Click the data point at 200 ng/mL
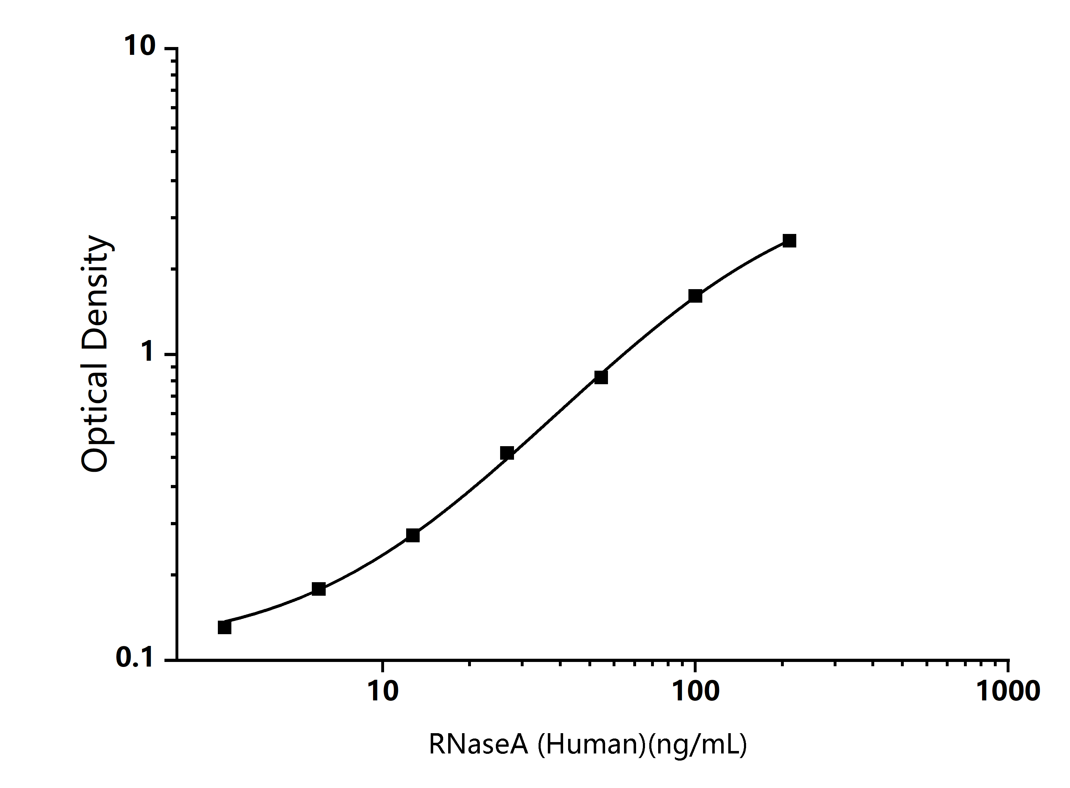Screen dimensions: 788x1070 (x=790, y=241)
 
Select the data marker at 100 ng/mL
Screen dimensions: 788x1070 (x=695, y=296)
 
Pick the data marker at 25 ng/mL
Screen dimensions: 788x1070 (x=507, y=453)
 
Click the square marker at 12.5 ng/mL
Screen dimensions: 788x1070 (x=413, y=535)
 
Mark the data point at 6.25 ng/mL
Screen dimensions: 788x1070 (x=319, y=589)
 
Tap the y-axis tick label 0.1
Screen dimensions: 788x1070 (x=135, y=658)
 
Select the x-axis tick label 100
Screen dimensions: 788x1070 (x=696, y=691)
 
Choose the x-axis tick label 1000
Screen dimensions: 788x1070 (x=1008, y=691)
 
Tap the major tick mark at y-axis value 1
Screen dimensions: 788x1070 (x=171, y=354)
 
